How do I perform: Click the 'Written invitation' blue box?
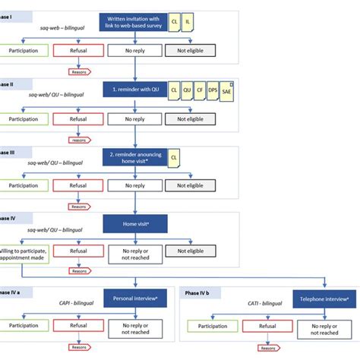pyautogui.click(x=134, y=22)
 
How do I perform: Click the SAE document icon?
pyautogui.click(x=227, y=91)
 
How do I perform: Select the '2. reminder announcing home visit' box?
pyautogui.click(x=134, y=157)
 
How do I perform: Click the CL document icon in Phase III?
pyautogui.click(x=174, y=157)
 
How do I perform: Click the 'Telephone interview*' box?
pyautogui.click(x=325, y=298)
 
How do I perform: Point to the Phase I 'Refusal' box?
pyautogui.click(x=77, y=52)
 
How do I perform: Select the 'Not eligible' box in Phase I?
pyautogui.click(x=190, y=52)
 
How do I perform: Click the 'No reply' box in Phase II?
pyautogui.click(x=134, y=118)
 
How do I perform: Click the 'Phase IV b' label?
pyautogui.click(x=200, y=292)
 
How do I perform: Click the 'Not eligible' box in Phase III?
pyautogui.click(x=190, y=185)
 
